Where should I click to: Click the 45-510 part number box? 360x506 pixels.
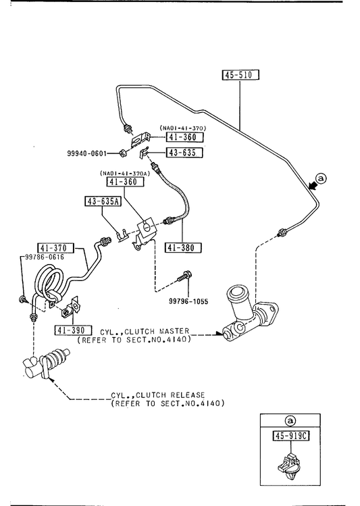[240, 75]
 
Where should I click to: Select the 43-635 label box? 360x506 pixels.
[184, 152]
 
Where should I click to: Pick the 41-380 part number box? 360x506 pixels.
[183, 247]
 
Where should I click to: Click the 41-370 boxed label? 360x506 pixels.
[56, 248]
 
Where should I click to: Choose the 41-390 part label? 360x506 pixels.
[73, 330]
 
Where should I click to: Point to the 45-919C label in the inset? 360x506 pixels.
[291, 436]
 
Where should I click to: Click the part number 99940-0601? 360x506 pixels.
[86, 153]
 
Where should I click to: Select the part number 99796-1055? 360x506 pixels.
[188, 301]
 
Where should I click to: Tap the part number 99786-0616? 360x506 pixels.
[45, 257]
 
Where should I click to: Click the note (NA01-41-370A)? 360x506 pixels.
[125, 174]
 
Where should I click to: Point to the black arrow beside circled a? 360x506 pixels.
[312, 185]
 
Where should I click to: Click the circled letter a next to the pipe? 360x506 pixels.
[322, 178]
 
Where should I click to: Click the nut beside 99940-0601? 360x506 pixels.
[122, 153]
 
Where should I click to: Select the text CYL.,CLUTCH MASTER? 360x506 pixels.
[145, 332]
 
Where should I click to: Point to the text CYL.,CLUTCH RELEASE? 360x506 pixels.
[158, 395]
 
